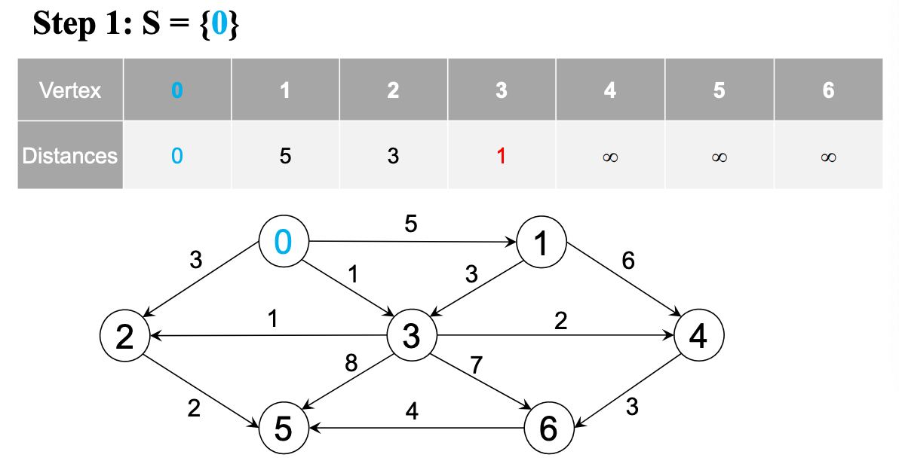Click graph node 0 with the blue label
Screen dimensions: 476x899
point(283,242)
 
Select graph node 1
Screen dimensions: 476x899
point(541,243)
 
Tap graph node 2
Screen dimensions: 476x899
point(124,336)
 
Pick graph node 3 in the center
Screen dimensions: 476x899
point(411,336)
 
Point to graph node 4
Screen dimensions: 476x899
point(698,336)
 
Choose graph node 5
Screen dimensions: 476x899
point(283,429)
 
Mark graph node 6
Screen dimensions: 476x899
point(549,429)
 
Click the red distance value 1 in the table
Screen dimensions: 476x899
point(502,156)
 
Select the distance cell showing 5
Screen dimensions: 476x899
point(285,156)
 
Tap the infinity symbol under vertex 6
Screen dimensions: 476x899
point(828,157)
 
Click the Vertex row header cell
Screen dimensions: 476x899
point(70,90)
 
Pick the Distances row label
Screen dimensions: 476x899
point(70,156)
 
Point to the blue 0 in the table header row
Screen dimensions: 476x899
point(176,90)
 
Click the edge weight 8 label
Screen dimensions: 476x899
point(351,363)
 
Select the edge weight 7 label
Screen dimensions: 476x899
point(476,366)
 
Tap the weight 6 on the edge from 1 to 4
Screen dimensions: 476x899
point(628,261)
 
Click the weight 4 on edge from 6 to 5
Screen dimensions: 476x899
point(412,411)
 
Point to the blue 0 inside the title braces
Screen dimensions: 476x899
point(219,25)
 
